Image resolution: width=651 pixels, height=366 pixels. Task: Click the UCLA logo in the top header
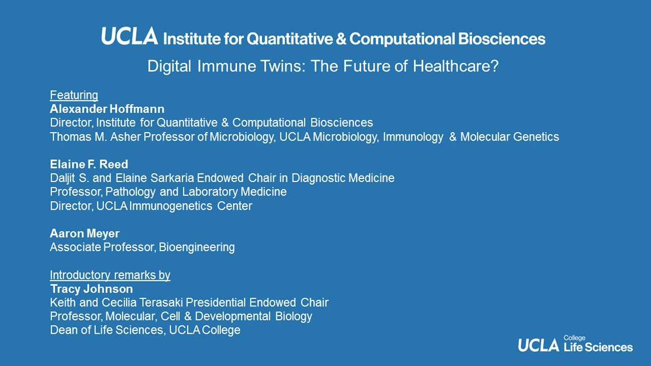[130, 36]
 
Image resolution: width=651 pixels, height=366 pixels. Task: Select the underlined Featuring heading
[74, 95]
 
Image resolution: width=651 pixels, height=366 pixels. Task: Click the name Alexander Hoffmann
[107, 109]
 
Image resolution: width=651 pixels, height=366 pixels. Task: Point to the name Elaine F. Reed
[89, 164]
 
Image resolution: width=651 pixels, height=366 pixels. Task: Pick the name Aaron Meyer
[84, 233]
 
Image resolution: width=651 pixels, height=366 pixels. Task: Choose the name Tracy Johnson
[92, 289]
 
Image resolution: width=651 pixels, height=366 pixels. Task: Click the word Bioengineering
[197, 248]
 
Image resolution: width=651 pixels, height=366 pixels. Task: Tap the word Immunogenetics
[170, 206]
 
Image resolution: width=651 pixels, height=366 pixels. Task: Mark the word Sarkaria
[172, 178]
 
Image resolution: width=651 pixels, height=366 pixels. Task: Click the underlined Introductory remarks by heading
[110, 275]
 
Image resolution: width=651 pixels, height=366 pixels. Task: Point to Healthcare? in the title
[456, 66]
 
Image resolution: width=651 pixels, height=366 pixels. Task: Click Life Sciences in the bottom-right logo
[598, 347]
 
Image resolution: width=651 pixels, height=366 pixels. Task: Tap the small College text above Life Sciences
[575, 338]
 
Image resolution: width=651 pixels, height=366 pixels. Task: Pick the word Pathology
[131, 192]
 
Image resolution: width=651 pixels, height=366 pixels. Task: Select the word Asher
[125, 137]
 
